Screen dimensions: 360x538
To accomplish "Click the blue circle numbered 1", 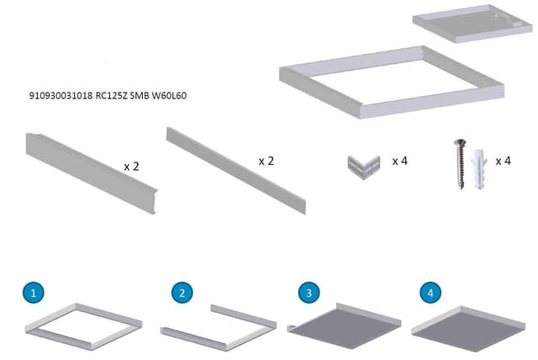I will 33,293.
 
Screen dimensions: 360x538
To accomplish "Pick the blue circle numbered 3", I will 310,293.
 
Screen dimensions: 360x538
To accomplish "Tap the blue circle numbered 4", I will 430,293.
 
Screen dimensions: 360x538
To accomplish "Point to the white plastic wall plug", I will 480,168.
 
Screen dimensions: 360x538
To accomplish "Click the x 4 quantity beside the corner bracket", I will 399,161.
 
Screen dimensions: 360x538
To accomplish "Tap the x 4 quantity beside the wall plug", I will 503,161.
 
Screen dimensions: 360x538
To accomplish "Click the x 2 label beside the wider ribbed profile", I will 131,167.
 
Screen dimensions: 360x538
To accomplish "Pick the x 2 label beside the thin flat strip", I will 266,160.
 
